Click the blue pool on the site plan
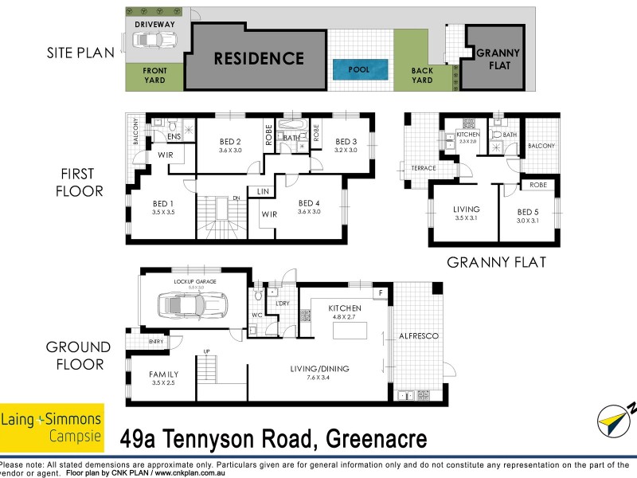(359, 69)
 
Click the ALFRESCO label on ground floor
(418, 336)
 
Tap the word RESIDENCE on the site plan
(258, 58)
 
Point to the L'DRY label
(281, 304)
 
